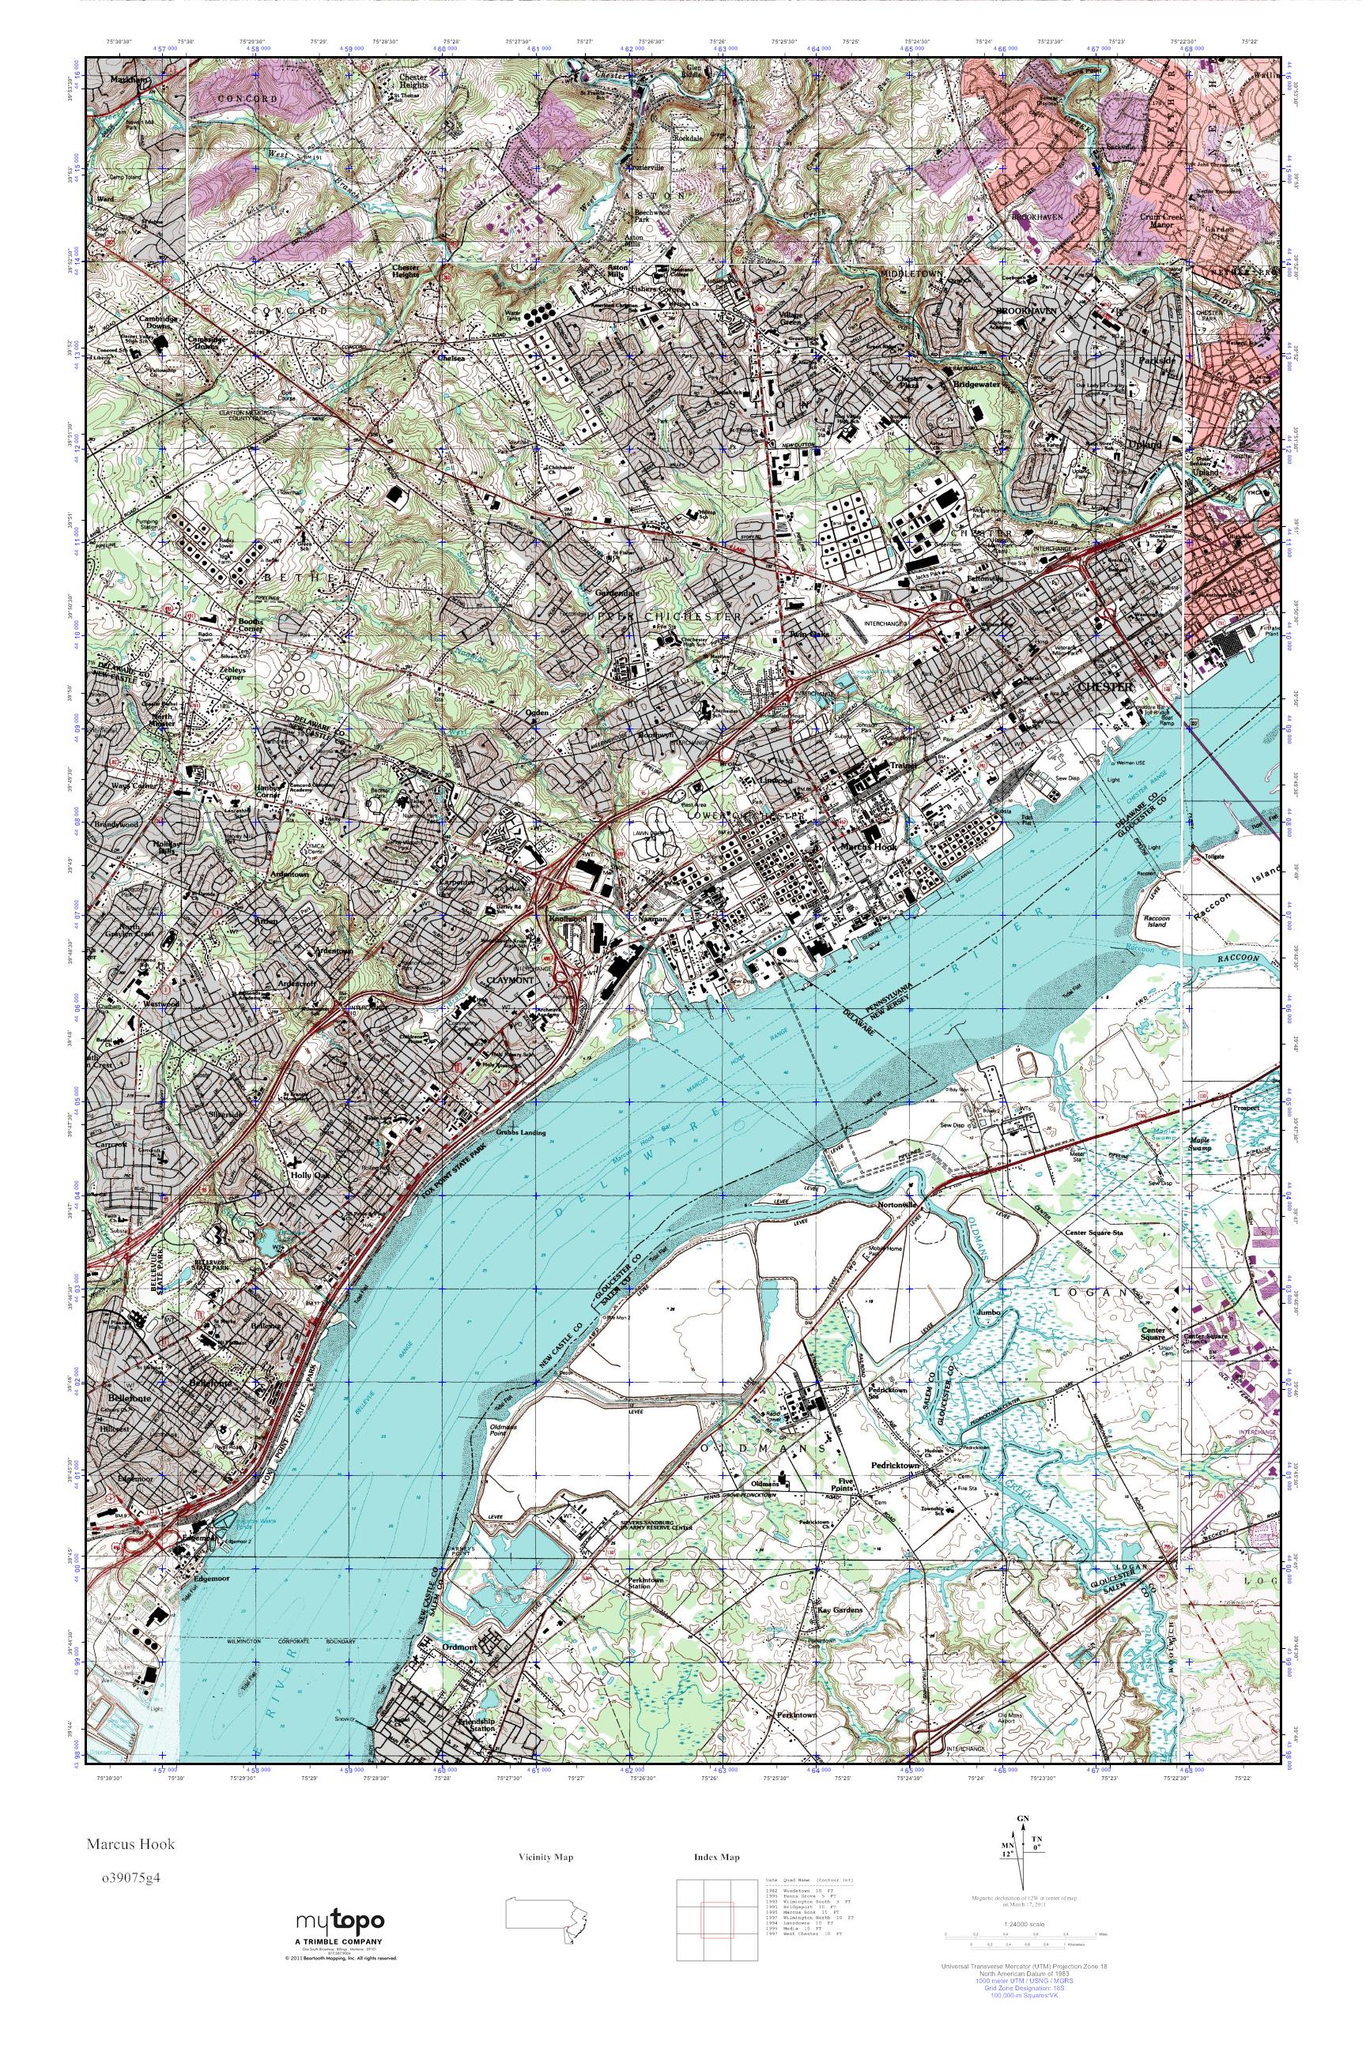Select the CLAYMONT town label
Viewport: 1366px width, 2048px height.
[511, 978]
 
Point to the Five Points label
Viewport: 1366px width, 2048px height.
[851, 1485]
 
